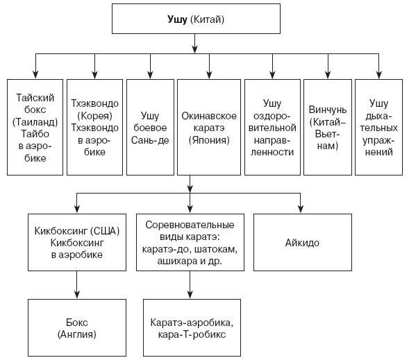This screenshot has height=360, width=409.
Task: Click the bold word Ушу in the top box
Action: tap(177, 20)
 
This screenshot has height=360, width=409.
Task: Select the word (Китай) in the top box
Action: tap(207, 20)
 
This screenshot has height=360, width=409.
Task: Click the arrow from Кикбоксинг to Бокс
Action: tap(77, 285)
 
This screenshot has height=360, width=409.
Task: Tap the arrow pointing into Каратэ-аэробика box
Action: tap(190, 285)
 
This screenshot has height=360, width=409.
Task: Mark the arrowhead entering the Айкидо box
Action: tap(301, 209)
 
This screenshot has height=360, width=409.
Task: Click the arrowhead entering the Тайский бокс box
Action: tap(35, 74)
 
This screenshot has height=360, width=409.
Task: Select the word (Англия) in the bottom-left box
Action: tap(77, 334)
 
